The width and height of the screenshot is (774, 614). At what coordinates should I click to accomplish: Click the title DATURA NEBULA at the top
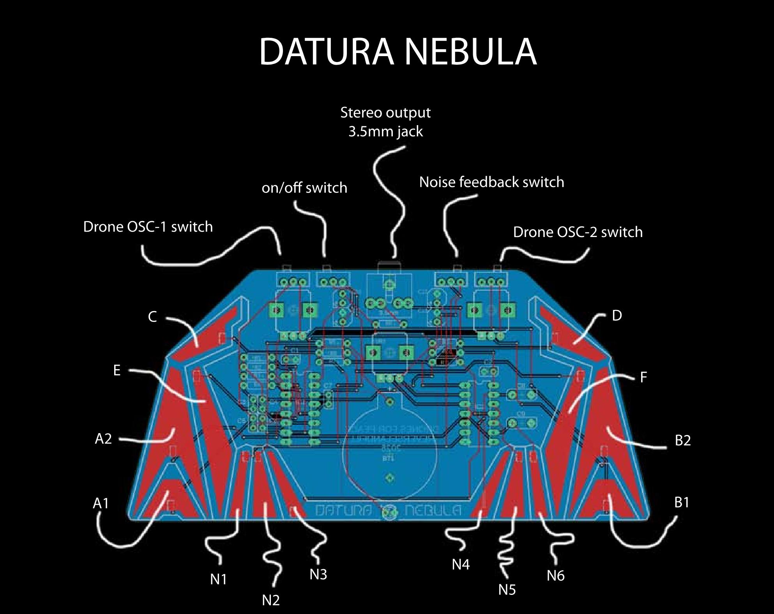point(398,52)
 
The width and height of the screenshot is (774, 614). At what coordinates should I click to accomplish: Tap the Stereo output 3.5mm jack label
point(385,122)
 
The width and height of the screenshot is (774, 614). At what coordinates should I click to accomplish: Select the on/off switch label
point(304,188)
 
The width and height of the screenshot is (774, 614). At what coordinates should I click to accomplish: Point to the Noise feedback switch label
point(491,182)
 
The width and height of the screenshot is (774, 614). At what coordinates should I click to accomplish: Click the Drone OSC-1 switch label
point(148,227)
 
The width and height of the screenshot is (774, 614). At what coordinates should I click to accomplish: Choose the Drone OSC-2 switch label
point(578,232)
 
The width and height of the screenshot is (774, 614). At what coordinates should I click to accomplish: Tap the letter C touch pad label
point(152,317)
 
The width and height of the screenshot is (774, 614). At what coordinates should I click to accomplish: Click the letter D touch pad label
point(617,315)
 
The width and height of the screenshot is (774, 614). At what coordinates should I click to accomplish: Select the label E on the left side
point(117,370)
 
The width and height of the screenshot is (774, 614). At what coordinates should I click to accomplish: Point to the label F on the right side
point(643,377)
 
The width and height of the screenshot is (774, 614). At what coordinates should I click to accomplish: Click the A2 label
point(103,439)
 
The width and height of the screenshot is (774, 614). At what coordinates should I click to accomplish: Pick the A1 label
point(101,503)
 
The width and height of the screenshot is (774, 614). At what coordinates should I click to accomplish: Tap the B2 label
point(682,440)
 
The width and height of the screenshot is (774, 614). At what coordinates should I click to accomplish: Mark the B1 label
point(682,503)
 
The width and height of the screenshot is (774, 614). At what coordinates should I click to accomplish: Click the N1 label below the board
point(218,580)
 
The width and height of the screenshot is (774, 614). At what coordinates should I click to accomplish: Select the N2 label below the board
point(270,600)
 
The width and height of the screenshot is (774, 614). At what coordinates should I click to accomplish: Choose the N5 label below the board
point(507,590)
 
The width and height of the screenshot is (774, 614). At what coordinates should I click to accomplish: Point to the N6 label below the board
point(555,576)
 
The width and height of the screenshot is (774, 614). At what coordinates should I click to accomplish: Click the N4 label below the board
point(461,564)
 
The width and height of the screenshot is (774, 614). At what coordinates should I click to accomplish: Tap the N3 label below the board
point(318,574)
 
